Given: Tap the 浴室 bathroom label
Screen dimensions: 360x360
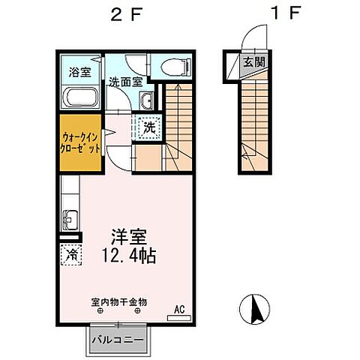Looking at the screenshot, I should (x=80, y=73).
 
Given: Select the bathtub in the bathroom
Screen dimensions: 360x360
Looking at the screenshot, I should (x=80, y=98).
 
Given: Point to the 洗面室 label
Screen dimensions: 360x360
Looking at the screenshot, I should (x=125, y=82).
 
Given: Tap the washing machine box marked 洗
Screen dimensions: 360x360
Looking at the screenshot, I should (x=148, y=127).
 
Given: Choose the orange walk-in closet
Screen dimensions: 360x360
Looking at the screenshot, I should (x=80, y=143).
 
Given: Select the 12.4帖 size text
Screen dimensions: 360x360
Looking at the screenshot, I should (x=128, y=256).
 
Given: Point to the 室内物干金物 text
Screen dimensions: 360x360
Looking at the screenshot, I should (x=119, y=302).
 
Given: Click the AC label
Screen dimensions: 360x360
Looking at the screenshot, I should (x=180, y=307).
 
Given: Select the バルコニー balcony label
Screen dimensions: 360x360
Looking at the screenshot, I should (x=118, y=339).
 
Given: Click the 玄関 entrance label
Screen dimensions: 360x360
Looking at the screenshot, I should (x=252, y=62).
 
